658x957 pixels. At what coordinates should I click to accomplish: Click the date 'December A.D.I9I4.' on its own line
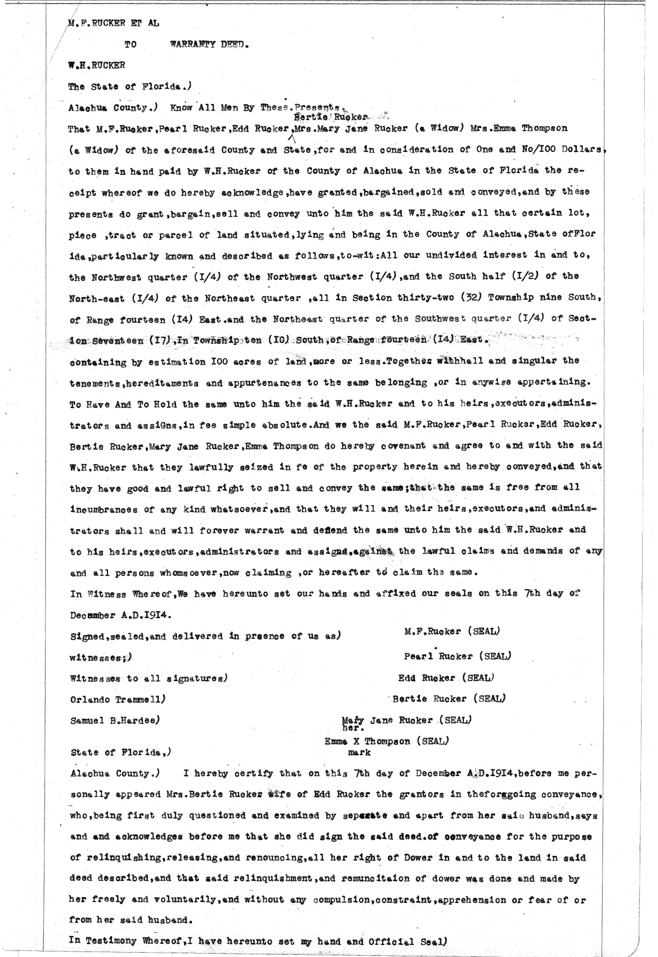point(121,615)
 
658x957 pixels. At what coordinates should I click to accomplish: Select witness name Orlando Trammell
point(117,699)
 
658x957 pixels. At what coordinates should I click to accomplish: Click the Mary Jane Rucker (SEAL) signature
point(406,720)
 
